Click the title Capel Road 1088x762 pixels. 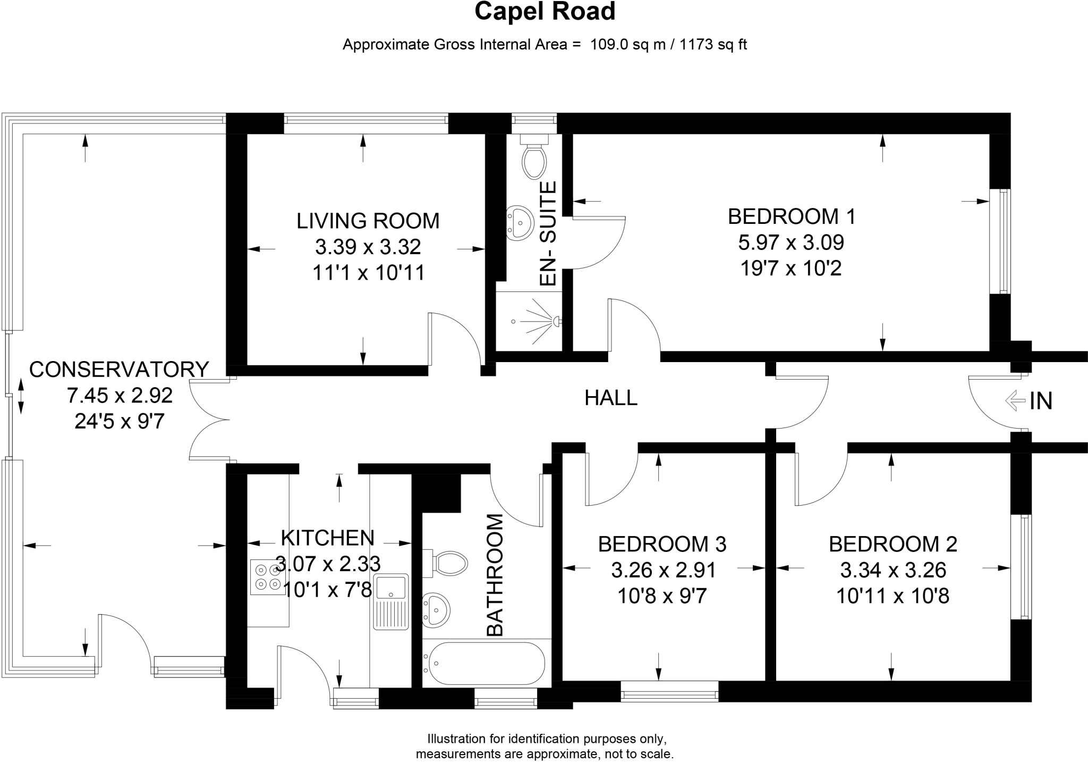point(545,12)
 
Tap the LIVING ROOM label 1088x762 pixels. point(368,221)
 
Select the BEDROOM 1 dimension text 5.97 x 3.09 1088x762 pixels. point(790,242)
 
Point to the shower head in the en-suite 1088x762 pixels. point(556,321)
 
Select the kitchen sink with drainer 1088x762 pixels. point(391,601)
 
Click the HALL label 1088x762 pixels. point(610,398)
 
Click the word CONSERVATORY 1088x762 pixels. point(119,370)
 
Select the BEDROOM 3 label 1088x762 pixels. point(662,544)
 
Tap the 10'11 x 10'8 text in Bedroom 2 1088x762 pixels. point(892,596)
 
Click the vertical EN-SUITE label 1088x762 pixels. point(548,234)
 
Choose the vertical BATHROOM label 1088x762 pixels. point(495,575)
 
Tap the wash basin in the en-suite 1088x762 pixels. point(520,222)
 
